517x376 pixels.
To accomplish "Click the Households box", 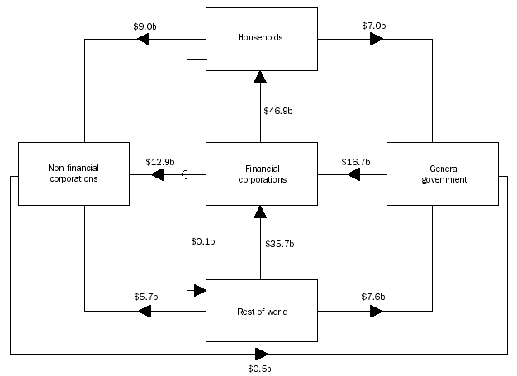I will pyautogui.click(x=261, y=39).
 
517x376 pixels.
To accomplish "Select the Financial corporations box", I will pyautogui.click(x=261, y=174).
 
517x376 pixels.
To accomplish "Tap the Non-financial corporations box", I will pyautogui.click(x=73, y=174).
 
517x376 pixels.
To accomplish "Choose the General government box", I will pyautogui.click(x=443, y=174).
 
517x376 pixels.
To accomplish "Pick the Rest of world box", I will pyautogui.click(x=261, y=311).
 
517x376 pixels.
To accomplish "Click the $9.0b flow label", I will pyautogui.click(x=146, y=26).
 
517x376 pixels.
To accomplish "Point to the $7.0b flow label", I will pyautogui.click(x=374, y=26).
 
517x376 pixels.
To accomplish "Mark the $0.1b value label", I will pyautogui.click(x=202, y=241).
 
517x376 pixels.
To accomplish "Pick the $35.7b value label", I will pyautogui.click(x=279, y=244).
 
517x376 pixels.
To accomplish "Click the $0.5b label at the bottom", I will pyautogui.click(x=260, y=367).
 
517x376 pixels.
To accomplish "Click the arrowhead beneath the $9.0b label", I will pyautogui.click(x=145, y=39).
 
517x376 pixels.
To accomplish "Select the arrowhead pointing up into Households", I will pyautogui.click(x=261, y=77).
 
